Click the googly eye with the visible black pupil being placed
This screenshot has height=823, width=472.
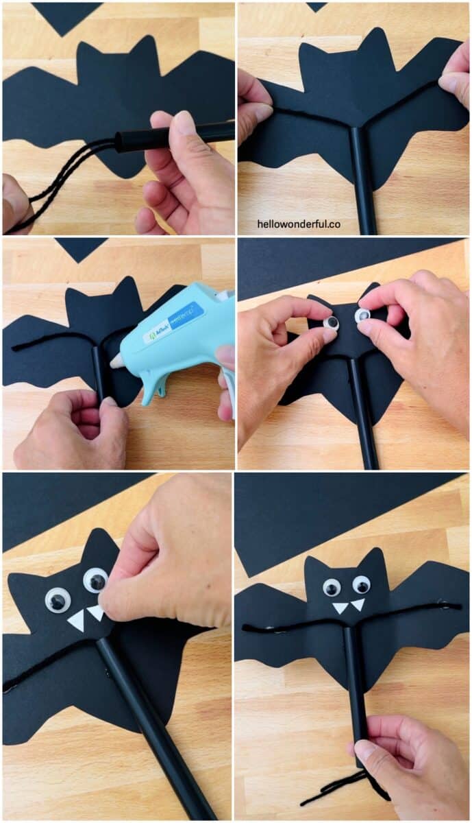[x=332, y=322]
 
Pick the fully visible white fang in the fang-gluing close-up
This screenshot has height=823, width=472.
[x=76, y=621]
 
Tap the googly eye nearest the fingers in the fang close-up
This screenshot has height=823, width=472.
[x=95, y=580]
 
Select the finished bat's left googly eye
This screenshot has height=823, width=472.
[x=332, y=587]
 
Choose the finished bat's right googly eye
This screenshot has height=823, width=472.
[x=361, y=584]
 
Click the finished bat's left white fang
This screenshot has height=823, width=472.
[x=340, y=608]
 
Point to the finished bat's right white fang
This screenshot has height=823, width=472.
[x=358, y=604]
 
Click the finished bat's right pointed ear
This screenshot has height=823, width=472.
[x=375, y=559]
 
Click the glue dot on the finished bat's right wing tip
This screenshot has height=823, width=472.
[x=444, y=606]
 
